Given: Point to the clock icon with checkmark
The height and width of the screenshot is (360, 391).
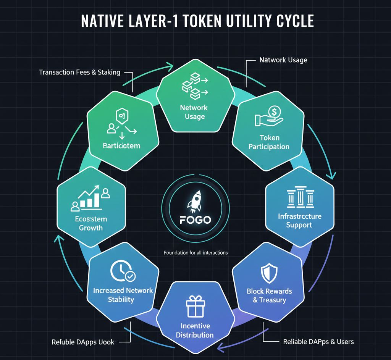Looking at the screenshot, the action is pyautogui.click(x=122, y=271).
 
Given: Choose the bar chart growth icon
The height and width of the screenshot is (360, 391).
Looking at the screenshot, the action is pyautogui.click(x=91, y=199).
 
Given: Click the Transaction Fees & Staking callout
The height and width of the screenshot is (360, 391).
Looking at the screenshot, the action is pyautogui.click(x=79, y=72).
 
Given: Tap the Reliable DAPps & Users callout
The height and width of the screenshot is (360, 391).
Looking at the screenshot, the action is pyautogui.click(x=318, y=341).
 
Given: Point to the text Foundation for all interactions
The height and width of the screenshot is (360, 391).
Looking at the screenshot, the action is pyautogui.click(x=195, y=253).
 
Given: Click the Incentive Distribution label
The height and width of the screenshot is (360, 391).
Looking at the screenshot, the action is pyautogui.click(x=195, y=331).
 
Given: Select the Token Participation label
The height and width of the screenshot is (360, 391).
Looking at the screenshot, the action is pyautogui.click(x=269, y=142).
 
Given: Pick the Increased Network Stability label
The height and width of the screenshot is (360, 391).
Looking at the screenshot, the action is pyautogui.click(x=123, y=295).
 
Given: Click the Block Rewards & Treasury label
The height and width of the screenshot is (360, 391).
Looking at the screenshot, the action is pyautogui.click(x=269, y=295).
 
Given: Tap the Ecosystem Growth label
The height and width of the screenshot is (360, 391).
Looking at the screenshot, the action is pyautogui.click(x=91, y=223).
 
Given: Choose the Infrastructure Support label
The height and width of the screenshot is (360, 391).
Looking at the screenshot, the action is pyautogui.click(x=299, y=221).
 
